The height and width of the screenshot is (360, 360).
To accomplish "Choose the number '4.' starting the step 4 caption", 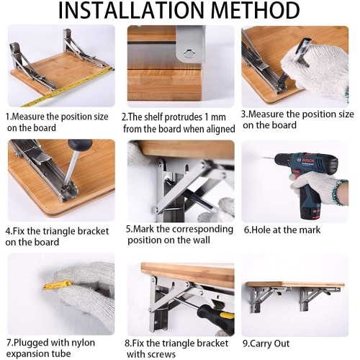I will tap(10, 231).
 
